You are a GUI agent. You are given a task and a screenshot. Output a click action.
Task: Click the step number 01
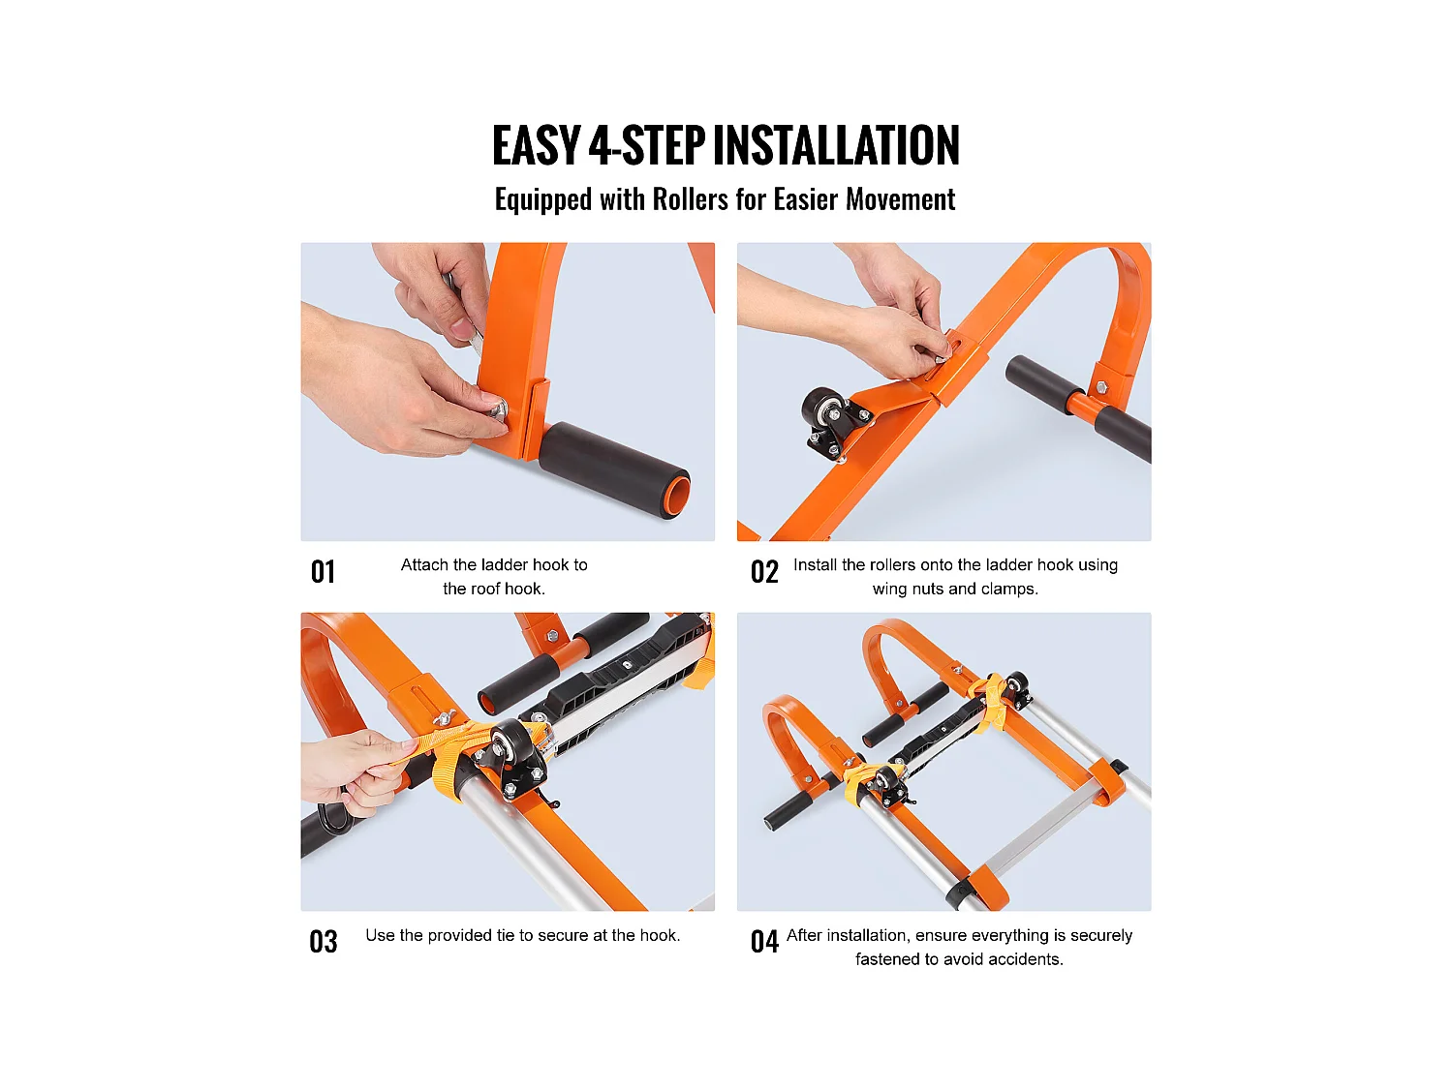323,572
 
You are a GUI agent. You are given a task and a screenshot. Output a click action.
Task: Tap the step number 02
764,572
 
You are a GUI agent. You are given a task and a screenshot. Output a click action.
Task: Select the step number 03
324,942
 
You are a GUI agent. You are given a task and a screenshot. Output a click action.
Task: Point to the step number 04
764,942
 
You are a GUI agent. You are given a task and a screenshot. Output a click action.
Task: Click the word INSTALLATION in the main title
836,146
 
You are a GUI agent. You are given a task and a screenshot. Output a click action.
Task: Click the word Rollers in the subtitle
690,199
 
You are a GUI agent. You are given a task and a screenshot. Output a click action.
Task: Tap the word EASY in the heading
536,146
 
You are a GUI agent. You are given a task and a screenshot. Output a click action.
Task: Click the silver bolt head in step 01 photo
498,410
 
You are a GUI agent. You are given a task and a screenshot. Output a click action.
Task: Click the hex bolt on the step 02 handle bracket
1101,387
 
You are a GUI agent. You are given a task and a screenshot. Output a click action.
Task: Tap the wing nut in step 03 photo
445,718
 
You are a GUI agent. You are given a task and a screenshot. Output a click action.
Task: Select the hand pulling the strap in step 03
354,770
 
